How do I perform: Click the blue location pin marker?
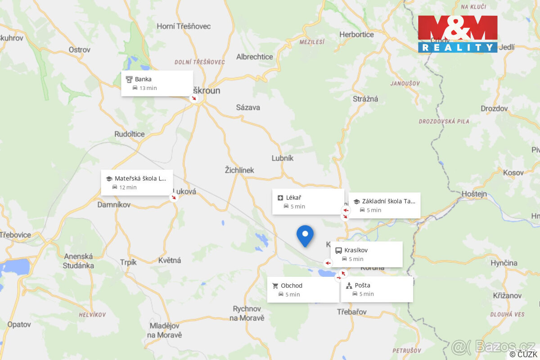point(305,235)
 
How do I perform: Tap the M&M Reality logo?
point(458,34)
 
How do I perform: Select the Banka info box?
point(157,83)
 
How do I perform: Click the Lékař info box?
point(308,202)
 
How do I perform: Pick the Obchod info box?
point(303,290)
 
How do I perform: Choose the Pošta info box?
point(377,289)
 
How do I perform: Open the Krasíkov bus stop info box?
point(366,254)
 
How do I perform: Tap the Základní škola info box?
point(384,205)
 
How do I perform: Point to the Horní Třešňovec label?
point(184,26)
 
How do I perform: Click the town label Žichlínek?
point(239,170)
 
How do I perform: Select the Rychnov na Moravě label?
point(247,313)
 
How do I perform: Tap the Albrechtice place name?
point(255,57)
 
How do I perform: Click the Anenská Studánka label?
point(79,261)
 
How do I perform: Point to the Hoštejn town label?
point(474,194)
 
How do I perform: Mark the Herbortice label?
point(356,34)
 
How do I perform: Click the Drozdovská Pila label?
point(444,121)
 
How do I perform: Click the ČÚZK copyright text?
point(523,354)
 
